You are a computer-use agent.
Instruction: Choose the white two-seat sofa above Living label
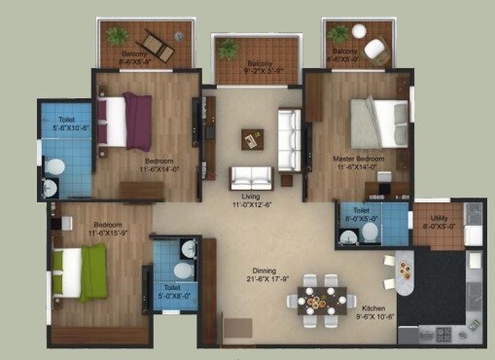[251, 177]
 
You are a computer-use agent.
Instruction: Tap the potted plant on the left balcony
[118, 36]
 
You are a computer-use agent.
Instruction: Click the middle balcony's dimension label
[253, 70]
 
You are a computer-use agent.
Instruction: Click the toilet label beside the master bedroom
[362, 213]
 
